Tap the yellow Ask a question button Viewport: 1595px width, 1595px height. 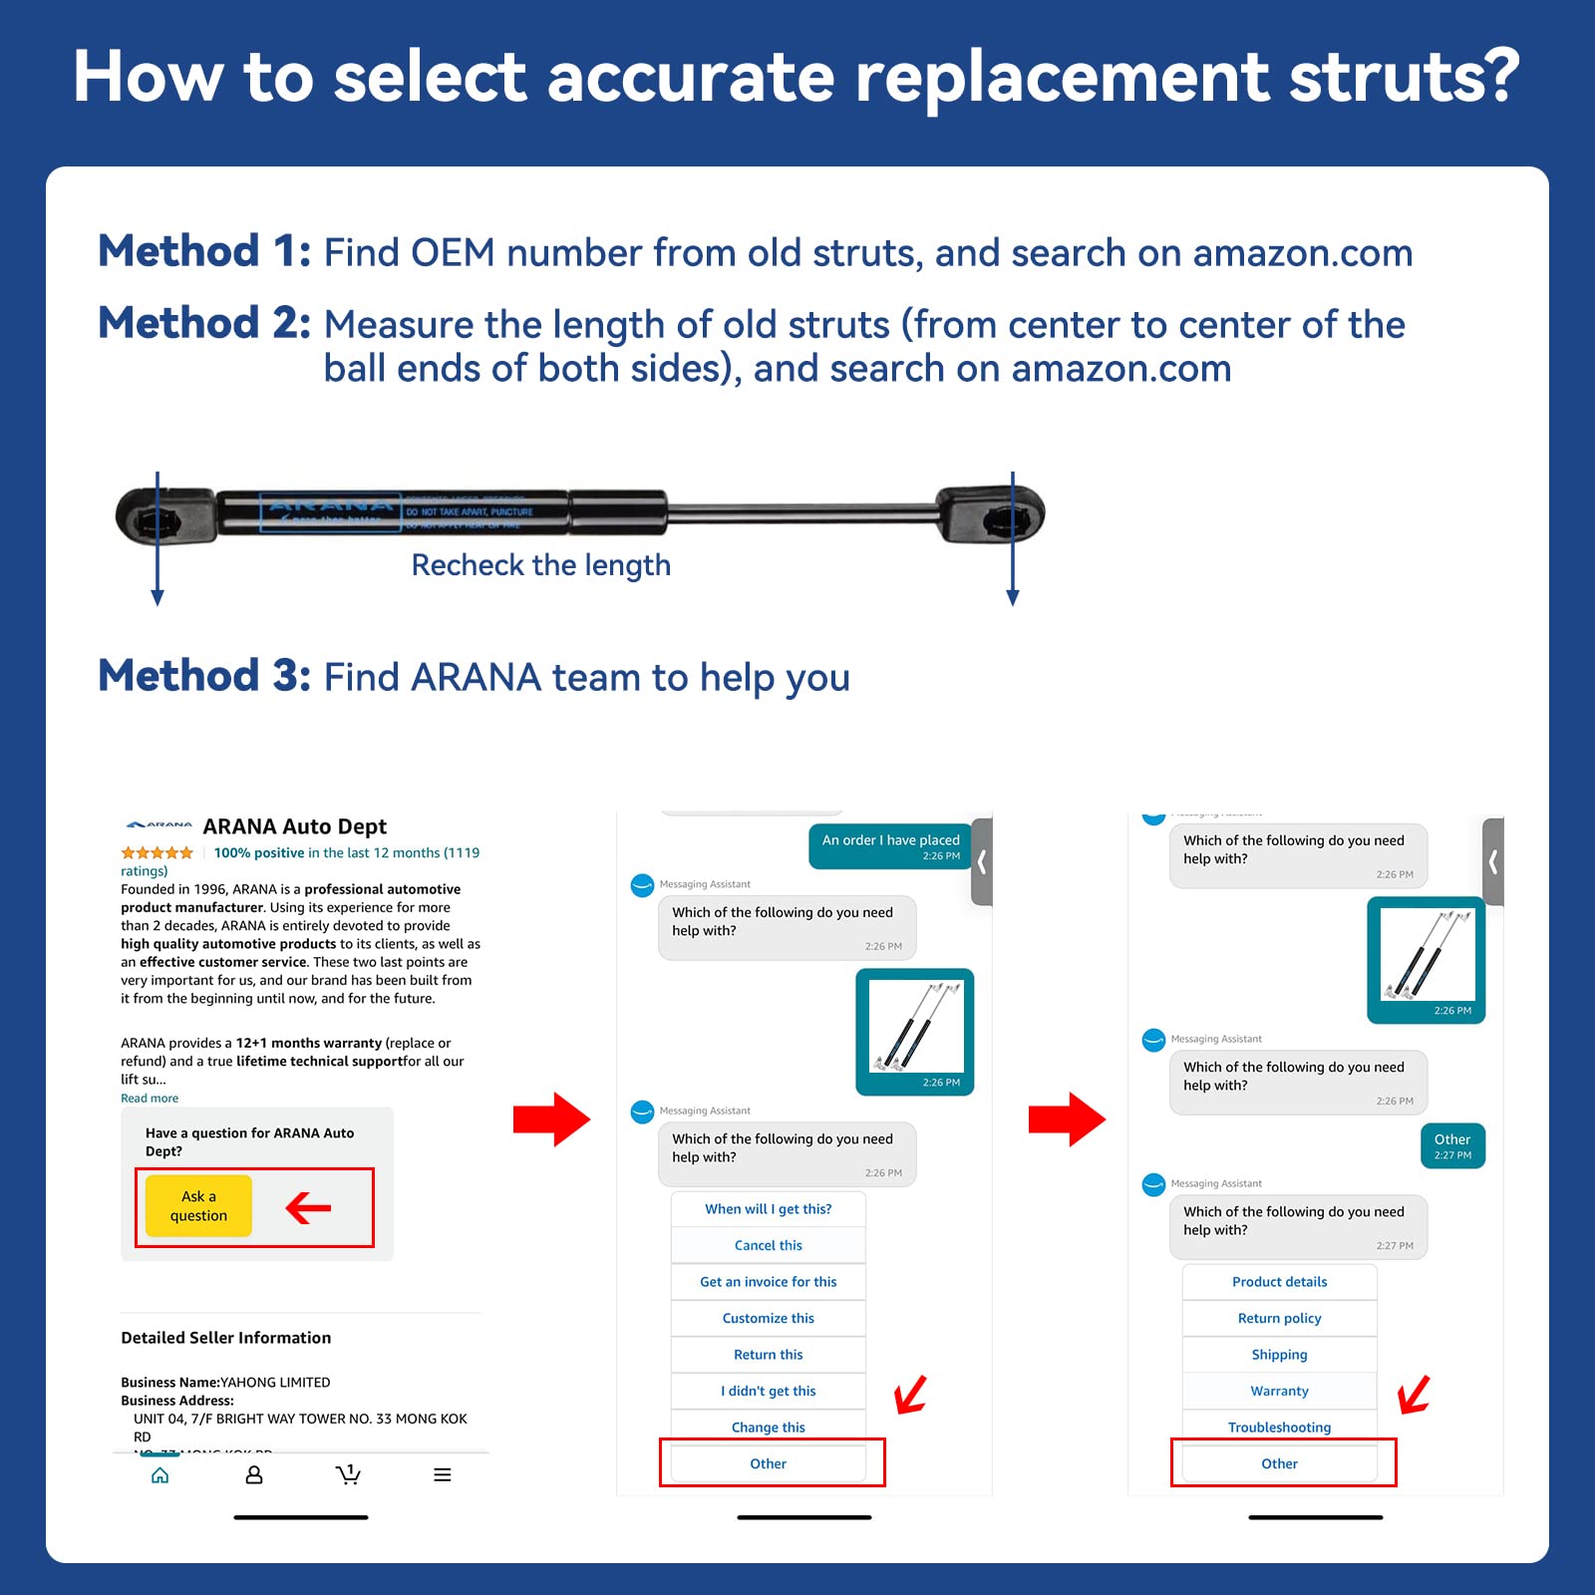tap(198, 1205)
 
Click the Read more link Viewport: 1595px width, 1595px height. tap(150, 1098)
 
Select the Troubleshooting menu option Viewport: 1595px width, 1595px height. tap(1279, 1427)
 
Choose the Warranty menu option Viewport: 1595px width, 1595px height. tap(1279, 1391)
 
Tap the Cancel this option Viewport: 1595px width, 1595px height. tap(768, 1245)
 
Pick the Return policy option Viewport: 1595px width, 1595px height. tap(1279, 1318)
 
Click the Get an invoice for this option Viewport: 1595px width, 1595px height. tap(768, 1282)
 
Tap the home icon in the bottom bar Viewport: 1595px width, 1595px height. tap(159, 1474)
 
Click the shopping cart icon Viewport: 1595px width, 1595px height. tap(347, 1474)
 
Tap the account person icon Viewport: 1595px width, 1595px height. tap(254, 1474)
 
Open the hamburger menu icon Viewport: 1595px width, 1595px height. tap(443, 1474)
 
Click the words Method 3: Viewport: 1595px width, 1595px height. tap(204, 676)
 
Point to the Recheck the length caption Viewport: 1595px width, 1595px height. tap(540, 565)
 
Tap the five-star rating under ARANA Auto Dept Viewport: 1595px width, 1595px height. tap(157, 852)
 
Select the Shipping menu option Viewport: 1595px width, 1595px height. tap(1279, 1354)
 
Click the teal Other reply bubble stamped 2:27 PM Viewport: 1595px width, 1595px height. tap(1452, 1145)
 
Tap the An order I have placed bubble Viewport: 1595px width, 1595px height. tap(890, 846)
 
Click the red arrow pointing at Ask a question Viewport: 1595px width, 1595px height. tap(308, 1208)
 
